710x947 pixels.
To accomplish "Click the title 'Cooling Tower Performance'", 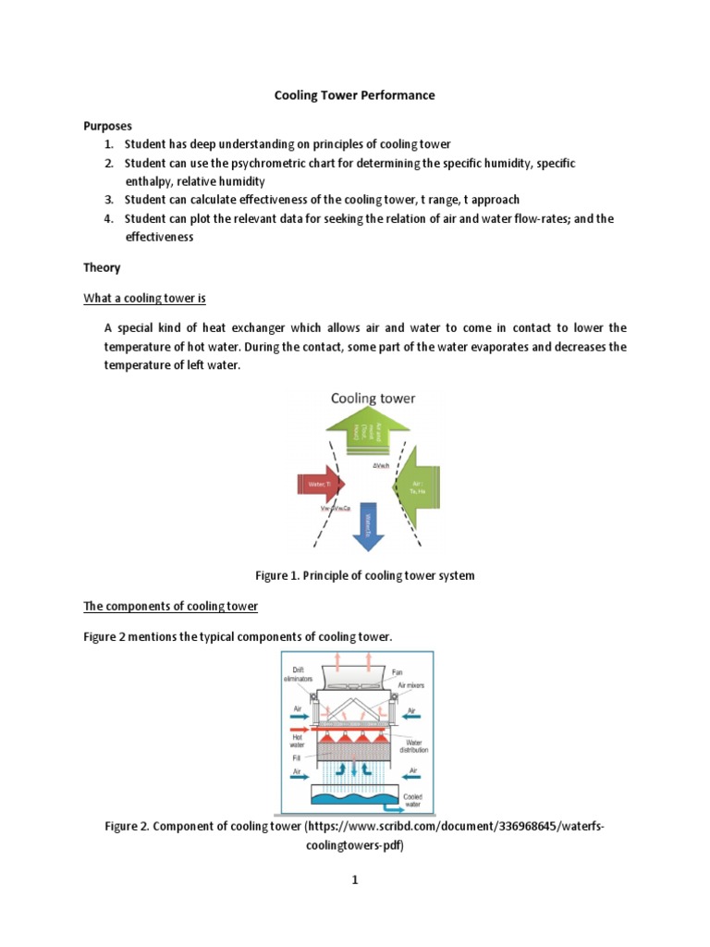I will [355, 95].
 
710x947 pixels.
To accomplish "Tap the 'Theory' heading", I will [102, 267].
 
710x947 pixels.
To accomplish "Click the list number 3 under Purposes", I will [108, 200].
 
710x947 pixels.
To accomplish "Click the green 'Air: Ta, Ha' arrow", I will [416, 488].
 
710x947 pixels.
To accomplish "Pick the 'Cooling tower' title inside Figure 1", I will [373, 399].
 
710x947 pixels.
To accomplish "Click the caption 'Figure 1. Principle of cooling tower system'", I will [364, 575].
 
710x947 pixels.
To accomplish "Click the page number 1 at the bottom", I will [354, 880].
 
